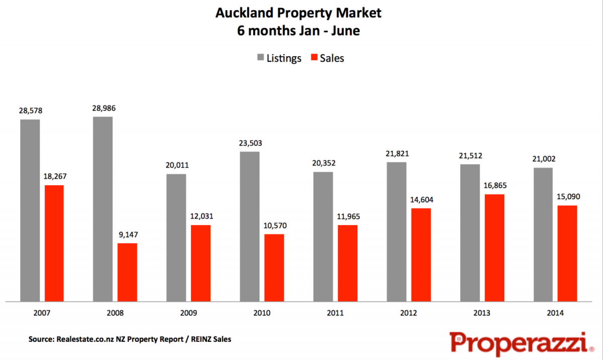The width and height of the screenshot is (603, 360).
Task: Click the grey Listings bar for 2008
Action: [103, 209]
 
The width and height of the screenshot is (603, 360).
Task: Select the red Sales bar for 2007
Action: [54, 244]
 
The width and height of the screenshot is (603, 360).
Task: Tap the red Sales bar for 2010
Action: [274, 268]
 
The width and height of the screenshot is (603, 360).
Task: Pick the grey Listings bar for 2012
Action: [396, 231]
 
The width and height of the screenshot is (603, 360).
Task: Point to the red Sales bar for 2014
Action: [567, 254]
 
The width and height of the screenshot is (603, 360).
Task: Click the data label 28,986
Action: [103, 108]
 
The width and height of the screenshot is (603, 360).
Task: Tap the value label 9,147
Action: [128, 234]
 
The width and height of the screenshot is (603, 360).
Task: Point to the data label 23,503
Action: [250, 143]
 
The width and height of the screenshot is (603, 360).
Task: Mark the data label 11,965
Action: [347, 216]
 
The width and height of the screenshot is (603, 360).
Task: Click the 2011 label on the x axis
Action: [335, 313]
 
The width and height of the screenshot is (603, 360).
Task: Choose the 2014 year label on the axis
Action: [555, 313]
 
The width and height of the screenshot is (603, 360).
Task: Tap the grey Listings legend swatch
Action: [261, 58]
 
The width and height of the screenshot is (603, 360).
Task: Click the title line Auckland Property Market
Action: [298, 13]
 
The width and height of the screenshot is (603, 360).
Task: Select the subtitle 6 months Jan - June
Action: [298, 31]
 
